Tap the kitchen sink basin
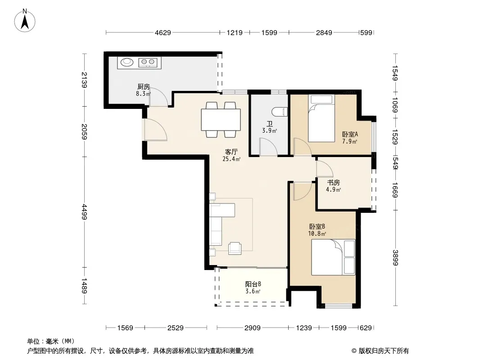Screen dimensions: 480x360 point(127,62)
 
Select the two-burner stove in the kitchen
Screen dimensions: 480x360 point(148,63)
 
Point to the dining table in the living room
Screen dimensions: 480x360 point(221,120)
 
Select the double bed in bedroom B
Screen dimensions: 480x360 point(333,257)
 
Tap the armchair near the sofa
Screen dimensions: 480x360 point(235,248)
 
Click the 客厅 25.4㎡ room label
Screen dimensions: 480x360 point(231,155)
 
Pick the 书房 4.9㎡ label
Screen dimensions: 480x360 point(333,186)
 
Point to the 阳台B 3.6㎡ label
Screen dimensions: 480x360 point(253,288)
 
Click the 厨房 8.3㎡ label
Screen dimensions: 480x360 point(143,90)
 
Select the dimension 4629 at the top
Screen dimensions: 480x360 point(163,32)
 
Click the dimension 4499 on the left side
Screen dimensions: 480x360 point(85,212)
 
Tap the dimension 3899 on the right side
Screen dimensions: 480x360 point(395,258)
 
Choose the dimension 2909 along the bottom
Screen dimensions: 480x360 point(252,328)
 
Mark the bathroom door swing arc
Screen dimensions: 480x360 point(268,147)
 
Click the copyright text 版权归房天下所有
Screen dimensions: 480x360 point(384,351)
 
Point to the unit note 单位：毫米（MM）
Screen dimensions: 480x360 point(51,341)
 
